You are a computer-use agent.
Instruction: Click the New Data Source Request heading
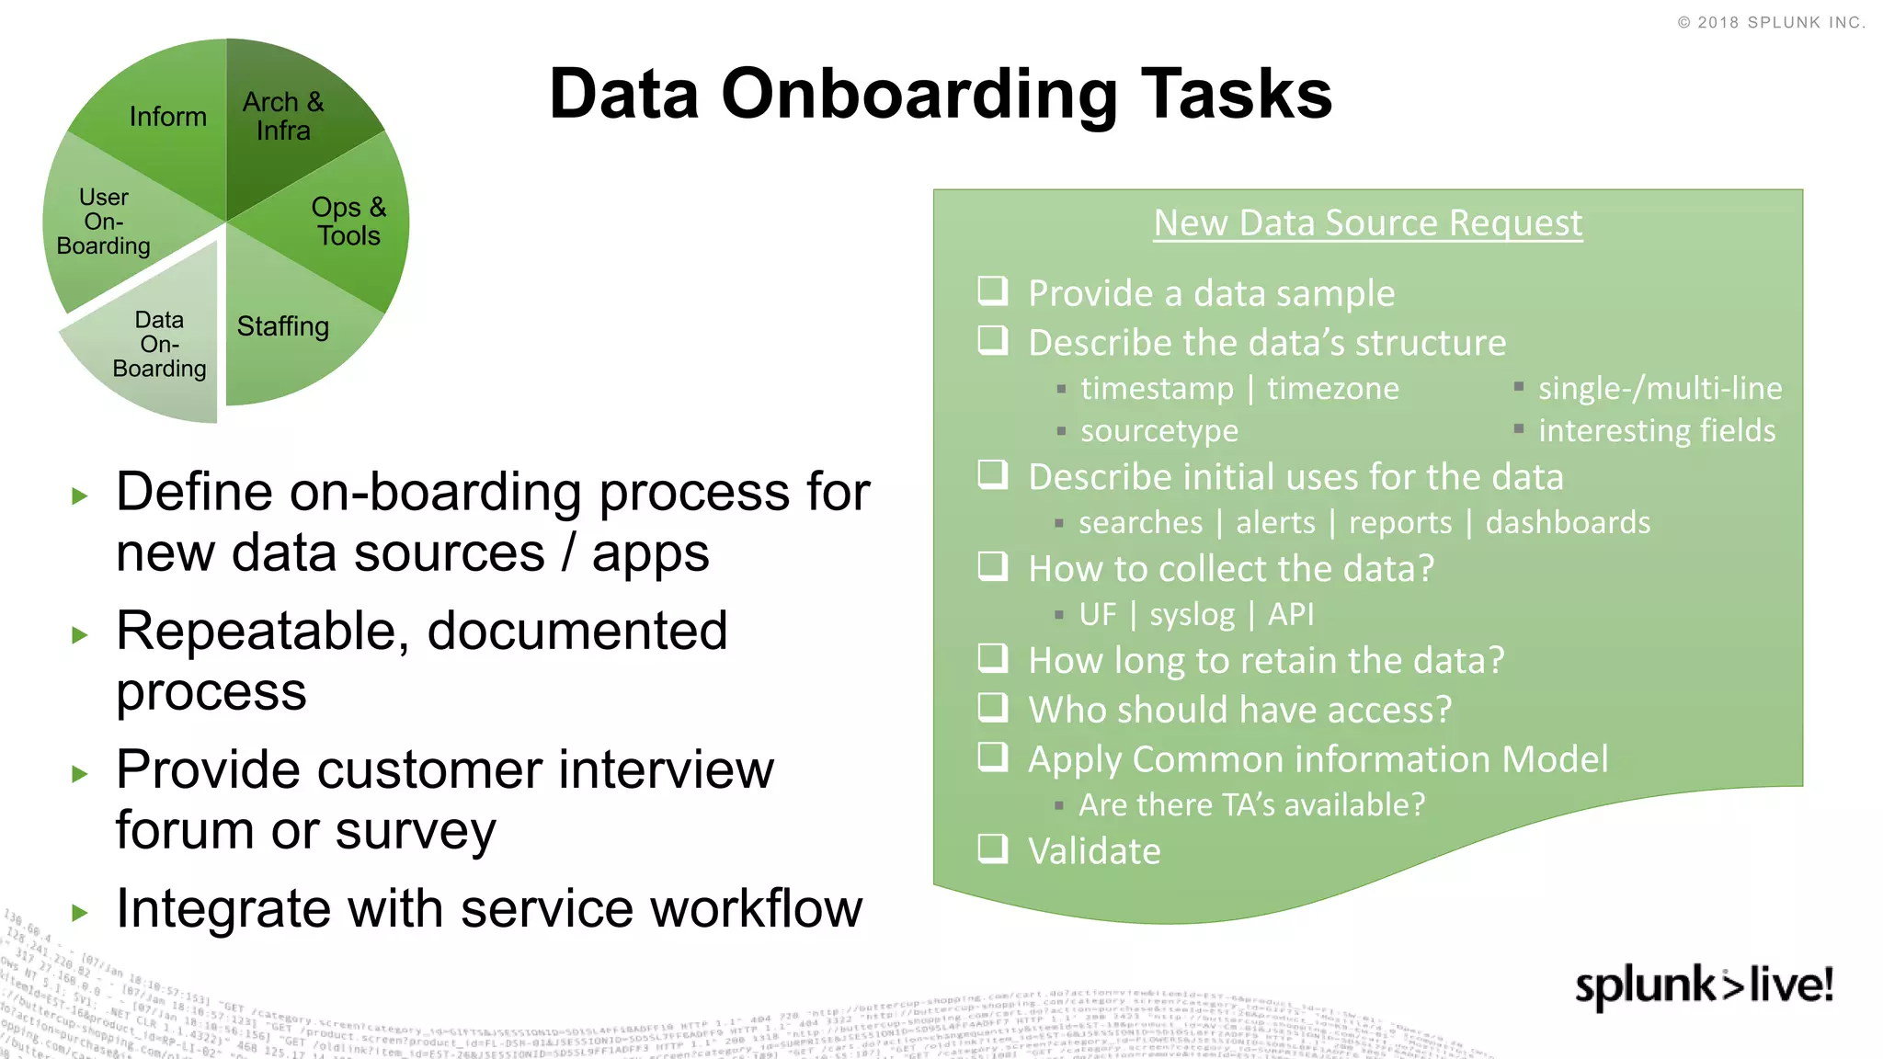point(1367,223)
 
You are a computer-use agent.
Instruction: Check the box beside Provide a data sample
point(993,291)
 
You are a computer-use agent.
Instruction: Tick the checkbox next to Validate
point(993,848)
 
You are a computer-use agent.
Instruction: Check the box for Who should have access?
point(993,707)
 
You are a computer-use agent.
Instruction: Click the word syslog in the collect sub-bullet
point(1192,614)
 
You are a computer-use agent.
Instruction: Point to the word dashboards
point(1568,522)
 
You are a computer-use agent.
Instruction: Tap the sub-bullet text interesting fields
point(1656,430)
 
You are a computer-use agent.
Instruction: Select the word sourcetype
point(1158,430)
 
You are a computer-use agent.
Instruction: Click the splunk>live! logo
point(1704,985)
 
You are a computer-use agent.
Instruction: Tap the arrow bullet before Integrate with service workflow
point(80,912)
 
